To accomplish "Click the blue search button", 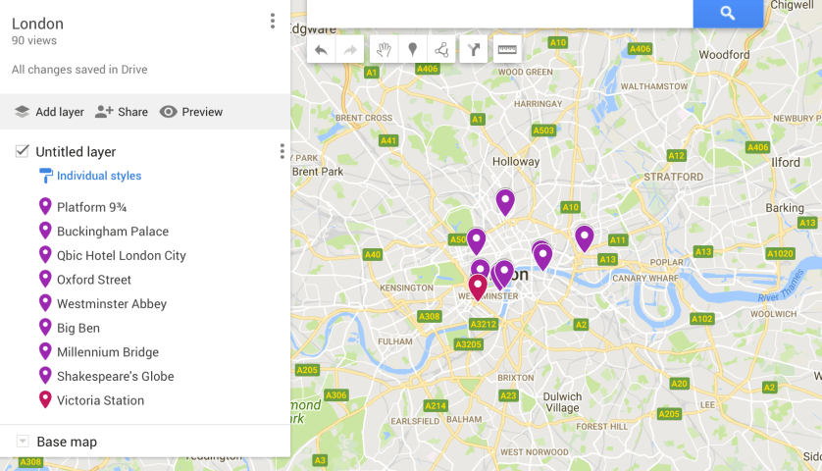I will pyautogui.click(x=727, y=13).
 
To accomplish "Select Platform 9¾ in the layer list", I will pyautogui.click(x=92, y=207).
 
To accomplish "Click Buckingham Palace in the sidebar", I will pyautogui.click(x=112, y=232).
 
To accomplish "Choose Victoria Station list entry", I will pyautogui.click(x=100, y=400).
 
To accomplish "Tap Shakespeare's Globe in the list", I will pyautogui.click(x=115, y=376).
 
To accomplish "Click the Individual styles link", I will pyautogui.click(x=98, y=177).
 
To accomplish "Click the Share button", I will pyautogui.click(x=122, y=112).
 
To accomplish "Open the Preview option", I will pyautogui.click(x=191, y=112).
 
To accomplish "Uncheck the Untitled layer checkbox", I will pyautogui.click(x=22, y=151).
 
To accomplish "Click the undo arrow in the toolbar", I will pyautogui.click(x=321, y=49).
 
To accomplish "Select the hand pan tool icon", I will pyautogui.click(x=383, y=49).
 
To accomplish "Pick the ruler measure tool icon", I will pyautogui.click(x=506, y=49).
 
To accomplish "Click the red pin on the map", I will pyautogui.click(x=478, y=286).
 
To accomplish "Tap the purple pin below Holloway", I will pyautogui.click(x=505, y=201).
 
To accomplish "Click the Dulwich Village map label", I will pyautogui.click(x=562, y=401).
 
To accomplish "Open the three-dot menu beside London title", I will pyautogui.click(x=272, y=22).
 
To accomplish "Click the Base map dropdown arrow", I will pyautogui.click(x=23, y=442).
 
